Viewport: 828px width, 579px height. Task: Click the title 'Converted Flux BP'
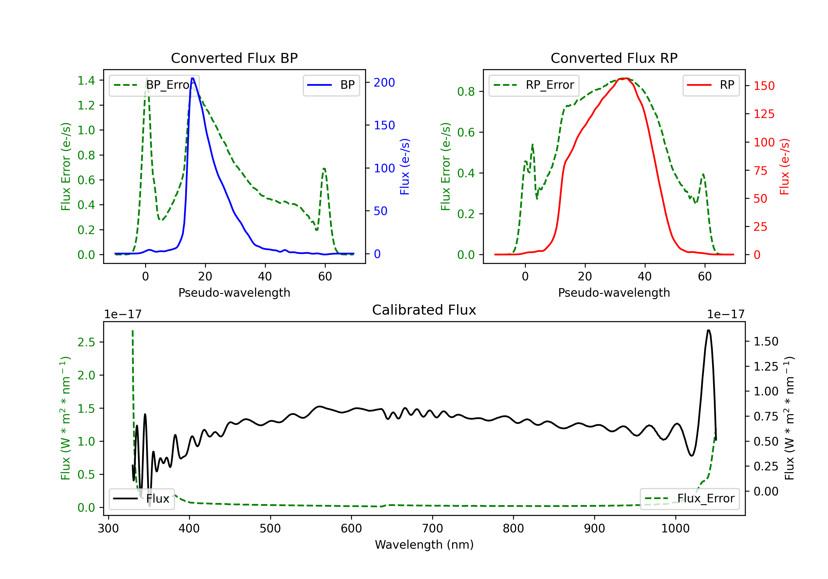(234, 58)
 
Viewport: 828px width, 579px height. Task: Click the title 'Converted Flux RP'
(614, 58)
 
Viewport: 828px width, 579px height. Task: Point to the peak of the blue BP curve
(193, 79)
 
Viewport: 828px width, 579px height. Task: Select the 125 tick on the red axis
(764, 114)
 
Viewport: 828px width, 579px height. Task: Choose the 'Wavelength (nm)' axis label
(424, 545)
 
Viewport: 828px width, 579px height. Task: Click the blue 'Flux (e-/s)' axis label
(405, 167)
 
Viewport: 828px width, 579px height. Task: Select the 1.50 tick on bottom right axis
(766, 342)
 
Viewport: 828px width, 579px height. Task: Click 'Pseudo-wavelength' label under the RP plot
(614, 293)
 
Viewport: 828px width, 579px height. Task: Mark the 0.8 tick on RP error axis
(466, 92)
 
